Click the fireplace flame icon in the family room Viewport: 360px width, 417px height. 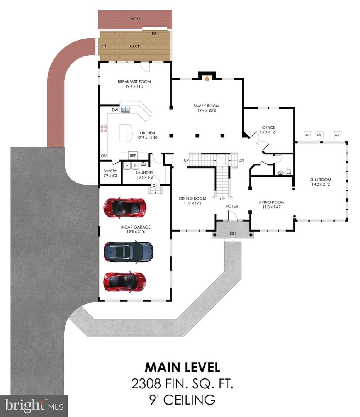[207, 78]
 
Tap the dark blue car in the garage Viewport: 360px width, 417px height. [128, 252]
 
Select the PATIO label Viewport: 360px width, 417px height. [135, 19]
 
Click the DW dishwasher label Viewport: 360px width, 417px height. [115, 110]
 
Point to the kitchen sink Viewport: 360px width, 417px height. [126, 109]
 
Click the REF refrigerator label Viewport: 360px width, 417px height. [133, 156]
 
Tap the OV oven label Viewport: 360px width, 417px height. [104, 156]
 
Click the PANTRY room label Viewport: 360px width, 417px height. [110, 171]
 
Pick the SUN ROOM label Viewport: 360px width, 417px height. [321, 180]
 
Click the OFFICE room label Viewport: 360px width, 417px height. [269, 127]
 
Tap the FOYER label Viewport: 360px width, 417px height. [232, 206]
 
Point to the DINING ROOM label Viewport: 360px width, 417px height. [193, 198]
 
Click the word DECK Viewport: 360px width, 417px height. [135, 46]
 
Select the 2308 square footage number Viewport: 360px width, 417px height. [146, 383]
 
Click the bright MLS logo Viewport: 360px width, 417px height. [34, 406]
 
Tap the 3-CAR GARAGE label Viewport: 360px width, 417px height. [136, 227]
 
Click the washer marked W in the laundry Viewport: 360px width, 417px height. [127, 165]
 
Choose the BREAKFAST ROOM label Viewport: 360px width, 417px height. [134, 81]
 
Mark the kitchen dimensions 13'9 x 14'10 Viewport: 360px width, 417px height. [148, 137]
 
